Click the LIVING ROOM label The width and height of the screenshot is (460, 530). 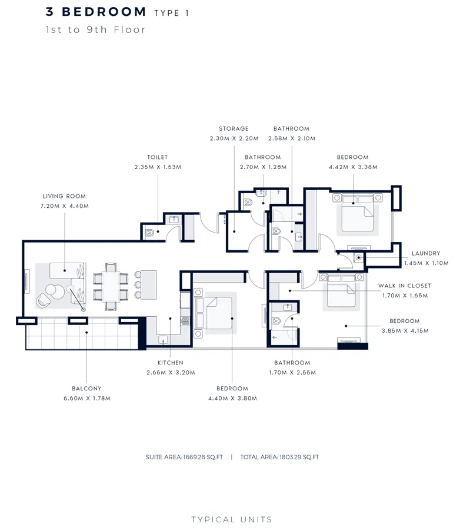click(64, 196)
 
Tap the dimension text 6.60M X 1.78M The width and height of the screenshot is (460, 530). click(86, 398)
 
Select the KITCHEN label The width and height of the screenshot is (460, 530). click(170, 363)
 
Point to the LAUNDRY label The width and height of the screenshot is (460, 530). click(426, 253)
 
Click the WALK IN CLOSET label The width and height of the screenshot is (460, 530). click(404, 286)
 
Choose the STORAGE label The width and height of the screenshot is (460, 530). click(234, 128)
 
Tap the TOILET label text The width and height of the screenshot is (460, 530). click(158, 157)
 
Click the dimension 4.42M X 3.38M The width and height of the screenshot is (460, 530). click(352, 167)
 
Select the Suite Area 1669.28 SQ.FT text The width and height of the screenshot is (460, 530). click(185, 457)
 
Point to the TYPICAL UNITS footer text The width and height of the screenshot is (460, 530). click(232, 519)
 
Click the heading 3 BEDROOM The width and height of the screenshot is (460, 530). click(96, 12)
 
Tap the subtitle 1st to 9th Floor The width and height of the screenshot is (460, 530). click(95, 29)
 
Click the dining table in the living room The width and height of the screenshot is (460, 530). click(111, 286)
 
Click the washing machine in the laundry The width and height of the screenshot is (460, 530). click(358, 258)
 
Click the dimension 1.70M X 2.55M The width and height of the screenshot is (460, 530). click(292, 372)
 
